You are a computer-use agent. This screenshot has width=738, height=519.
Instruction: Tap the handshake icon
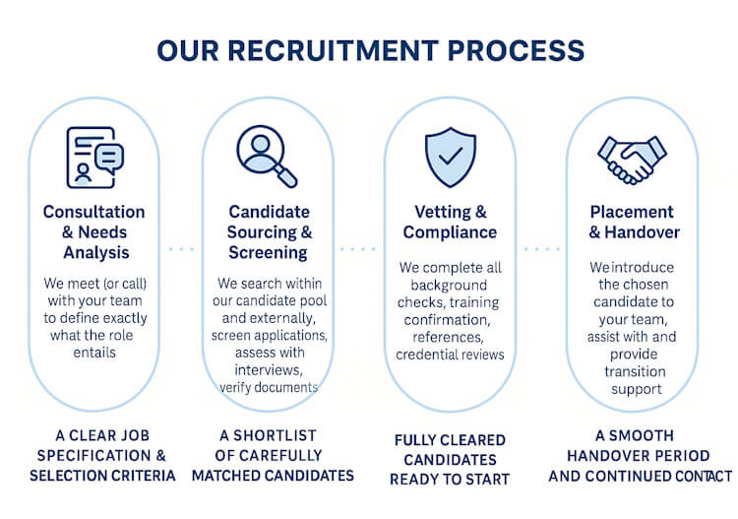tap(632, 158)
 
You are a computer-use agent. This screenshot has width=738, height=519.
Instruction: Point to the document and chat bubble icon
tap(93, 156)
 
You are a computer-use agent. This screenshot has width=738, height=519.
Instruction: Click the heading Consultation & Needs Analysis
tap(93, 232)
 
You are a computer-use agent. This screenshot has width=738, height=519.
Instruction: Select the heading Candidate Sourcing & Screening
tap(270, 232)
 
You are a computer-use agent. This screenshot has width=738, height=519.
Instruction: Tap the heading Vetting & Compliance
tap(450, 223)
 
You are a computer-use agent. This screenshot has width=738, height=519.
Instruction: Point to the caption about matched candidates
tap(272, 455)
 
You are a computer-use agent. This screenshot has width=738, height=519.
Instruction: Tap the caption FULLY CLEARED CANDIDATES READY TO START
tap(450, 459)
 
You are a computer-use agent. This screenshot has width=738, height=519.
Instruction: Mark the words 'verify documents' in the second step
tap(269, 387)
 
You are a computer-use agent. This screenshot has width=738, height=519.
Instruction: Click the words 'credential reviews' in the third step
tap(451, 355)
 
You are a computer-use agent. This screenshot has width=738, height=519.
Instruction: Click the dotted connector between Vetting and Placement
tap(539, 249)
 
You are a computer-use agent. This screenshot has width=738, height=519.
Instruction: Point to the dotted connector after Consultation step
tap(181, 249)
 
